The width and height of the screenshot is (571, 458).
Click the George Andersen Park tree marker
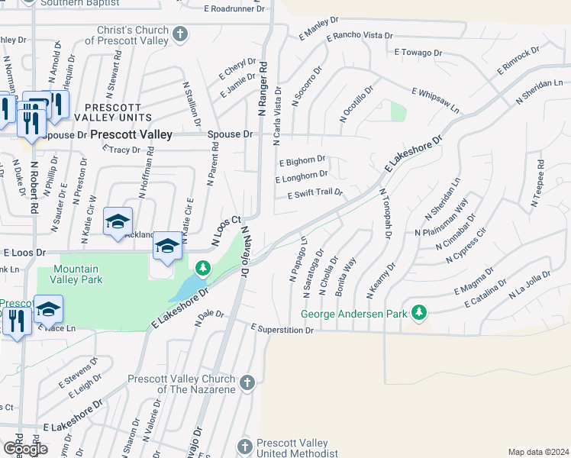418,312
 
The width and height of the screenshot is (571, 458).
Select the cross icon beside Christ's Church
180,34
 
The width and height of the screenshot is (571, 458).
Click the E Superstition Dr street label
282,329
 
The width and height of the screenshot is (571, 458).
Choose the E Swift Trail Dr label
315,194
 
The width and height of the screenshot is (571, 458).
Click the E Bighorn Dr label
302,162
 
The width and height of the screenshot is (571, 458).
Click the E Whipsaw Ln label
436,100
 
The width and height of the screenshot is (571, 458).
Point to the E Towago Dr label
418,53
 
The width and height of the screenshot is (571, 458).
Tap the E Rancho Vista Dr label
359,36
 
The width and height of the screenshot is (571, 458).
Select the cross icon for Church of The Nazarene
246,382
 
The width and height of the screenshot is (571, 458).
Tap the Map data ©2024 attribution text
537,452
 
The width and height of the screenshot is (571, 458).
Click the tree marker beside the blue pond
202,267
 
